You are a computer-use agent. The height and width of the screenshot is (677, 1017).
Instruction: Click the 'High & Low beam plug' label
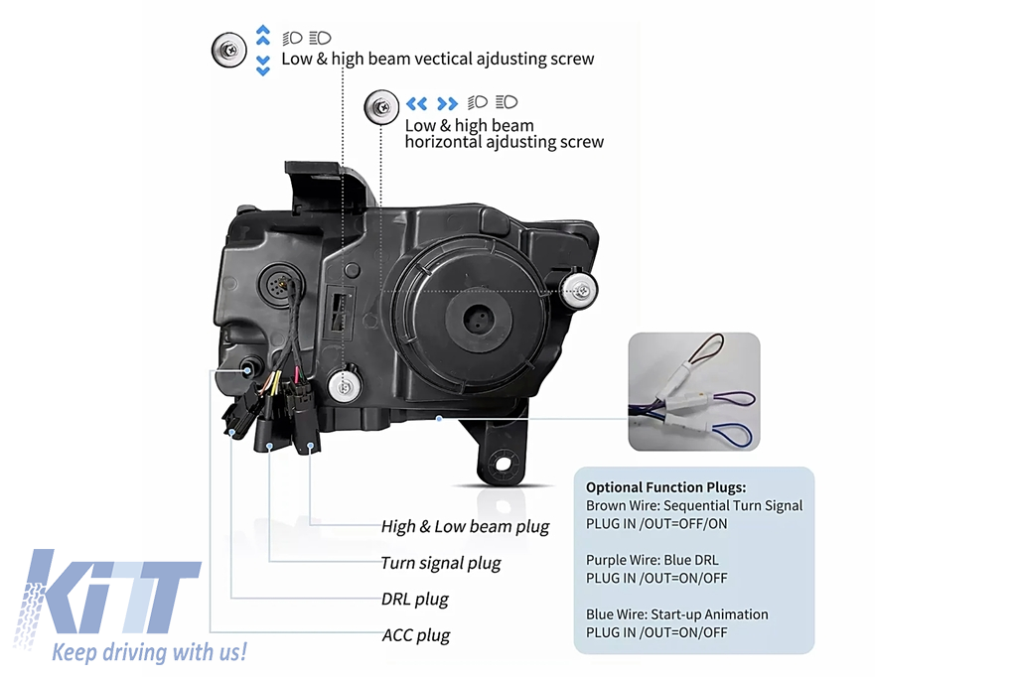465,526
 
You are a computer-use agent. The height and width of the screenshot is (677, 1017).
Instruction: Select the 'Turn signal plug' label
440,563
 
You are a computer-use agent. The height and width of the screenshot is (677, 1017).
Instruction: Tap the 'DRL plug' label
415,599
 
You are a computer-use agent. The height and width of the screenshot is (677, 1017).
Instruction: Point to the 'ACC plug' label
416,634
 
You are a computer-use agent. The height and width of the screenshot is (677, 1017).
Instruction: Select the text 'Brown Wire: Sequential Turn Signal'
694,505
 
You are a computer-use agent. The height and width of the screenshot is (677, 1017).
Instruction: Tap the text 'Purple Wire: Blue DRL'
652,560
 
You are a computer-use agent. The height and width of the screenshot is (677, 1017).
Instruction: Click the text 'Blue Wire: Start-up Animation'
676,614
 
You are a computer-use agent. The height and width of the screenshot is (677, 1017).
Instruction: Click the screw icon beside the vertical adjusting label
229,50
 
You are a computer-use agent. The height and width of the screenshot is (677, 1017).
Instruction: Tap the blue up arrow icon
262,36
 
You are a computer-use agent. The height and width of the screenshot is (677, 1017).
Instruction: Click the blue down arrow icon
262,66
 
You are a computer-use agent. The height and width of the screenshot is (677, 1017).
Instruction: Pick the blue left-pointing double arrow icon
417,102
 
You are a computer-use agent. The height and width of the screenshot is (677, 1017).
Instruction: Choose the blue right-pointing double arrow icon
447,102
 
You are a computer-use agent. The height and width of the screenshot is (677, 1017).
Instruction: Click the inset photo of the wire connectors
693,392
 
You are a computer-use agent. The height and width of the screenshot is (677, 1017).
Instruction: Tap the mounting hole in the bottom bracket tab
506,463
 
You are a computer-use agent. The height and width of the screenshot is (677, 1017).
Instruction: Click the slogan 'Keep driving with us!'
149,652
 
